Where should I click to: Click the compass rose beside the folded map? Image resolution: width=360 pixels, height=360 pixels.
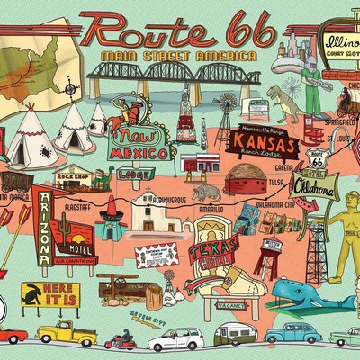point(70,87)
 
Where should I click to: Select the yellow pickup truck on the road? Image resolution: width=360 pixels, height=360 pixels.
point(68,334)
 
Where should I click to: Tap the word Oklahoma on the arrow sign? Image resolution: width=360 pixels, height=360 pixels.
point(319,192)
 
